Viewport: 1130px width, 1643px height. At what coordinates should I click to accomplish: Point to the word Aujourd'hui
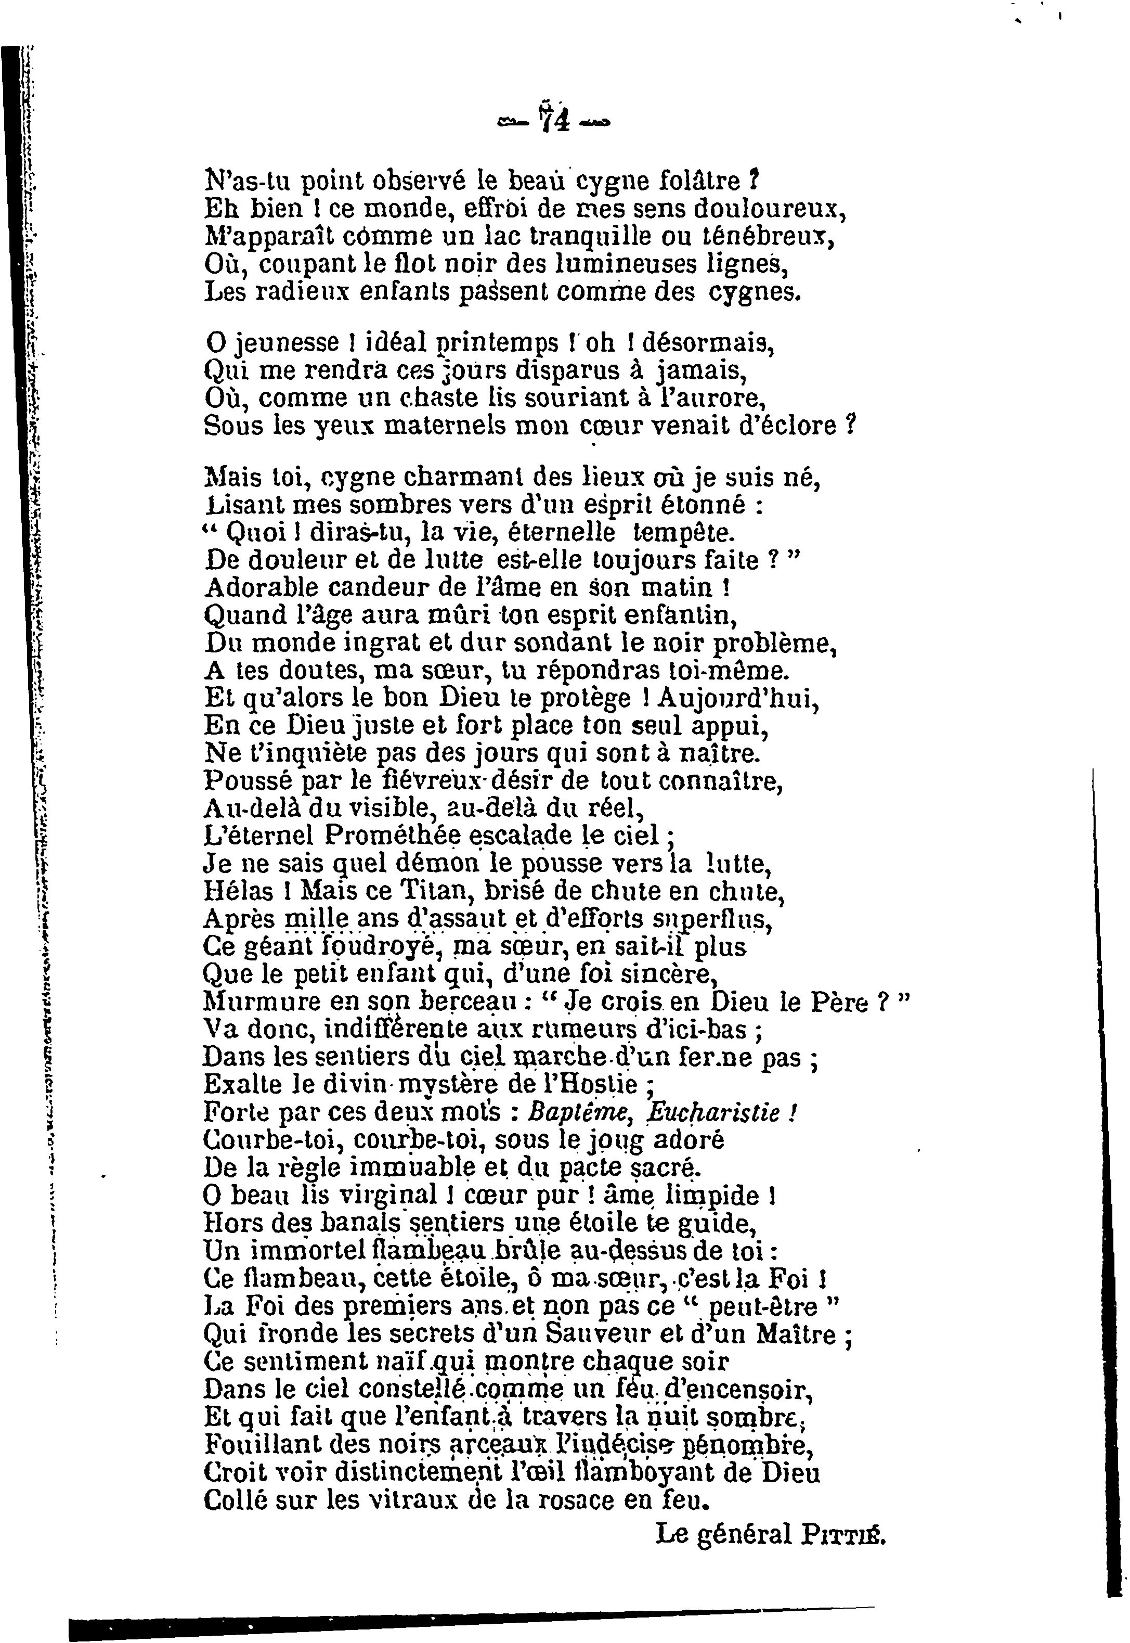(x=738, y=699)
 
